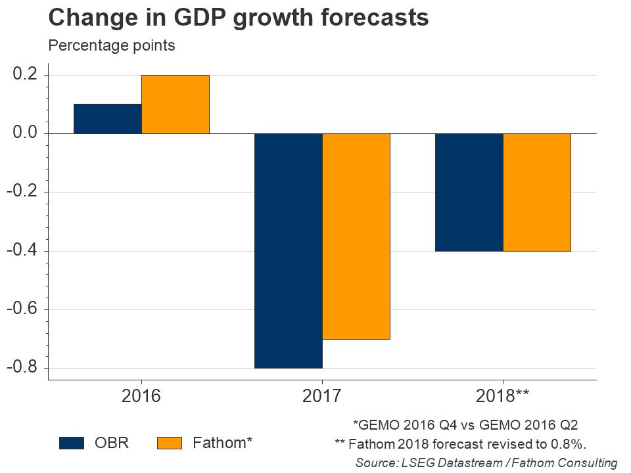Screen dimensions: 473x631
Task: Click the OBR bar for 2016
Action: pos(108,119)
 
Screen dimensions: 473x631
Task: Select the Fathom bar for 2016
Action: pos(175,104)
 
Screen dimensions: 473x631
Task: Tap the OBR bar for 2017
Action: pos(289,250)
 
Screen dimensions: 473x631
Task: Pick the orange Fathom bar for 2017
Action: pos(356,236)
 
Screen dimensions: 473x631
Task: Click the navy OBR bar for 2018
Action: pos(469,192)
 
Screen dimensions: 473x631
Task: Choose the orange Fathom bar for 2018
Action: pos(537,192)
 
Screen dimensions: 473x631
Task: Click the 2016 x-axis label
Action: pos(141,396)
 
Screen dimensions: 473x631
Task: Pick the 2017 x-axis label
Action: pos(322,396)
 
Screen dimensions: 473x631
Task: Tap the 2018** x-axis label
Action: pos(503,396)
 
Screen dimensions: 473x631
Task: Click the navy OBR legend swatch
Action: pos(72,443)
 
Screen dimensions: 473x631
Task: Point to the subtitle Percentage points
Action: pos(111,46)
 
